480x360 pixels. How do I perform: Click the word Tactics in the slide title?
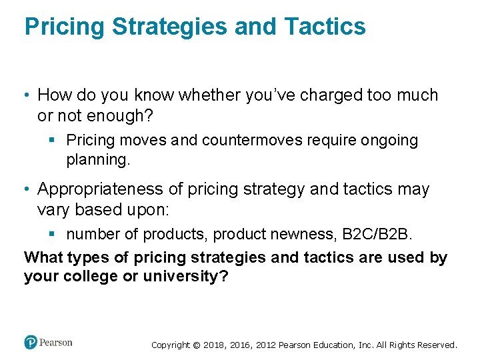[325, 27]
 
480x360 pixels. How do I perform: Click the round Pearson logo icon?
[31, 342]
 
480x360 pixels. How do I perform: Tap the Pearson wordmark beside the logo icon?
[56, 343]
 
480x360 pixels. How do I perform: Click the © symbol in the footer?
[196, 345]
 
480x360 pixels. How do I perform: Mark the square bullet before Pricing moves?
[56, 141]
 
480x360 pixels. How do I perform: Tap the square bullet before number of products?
[56, 234]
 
